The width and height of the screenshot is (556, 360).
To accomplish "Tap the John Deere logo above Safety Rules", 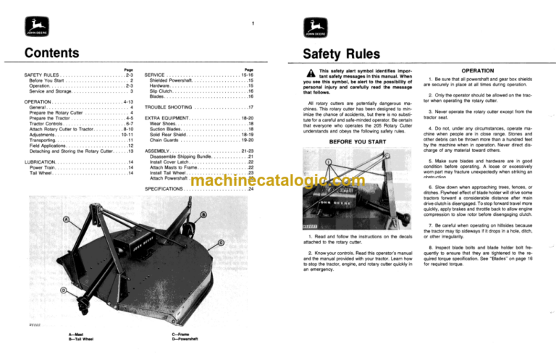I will (311, 30).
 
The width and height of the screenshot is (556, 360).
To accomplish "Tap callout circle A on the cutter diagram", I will (67, 219).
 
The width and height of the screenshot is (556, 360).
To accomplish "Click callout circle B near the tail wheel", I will (203, 214).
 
